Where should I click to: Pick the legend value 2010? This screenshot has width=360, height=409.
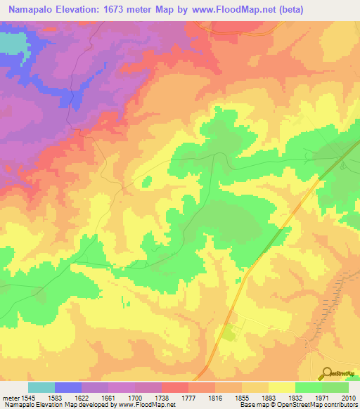tap(349, 398)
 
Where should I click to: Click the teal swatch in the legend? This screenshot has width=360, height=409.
tap(41, 387)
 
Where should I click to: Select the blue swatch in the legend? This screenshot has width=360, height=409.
tap(67, 387)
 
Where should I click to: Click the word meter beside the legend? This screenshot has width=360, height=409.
tap(11, 398)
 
